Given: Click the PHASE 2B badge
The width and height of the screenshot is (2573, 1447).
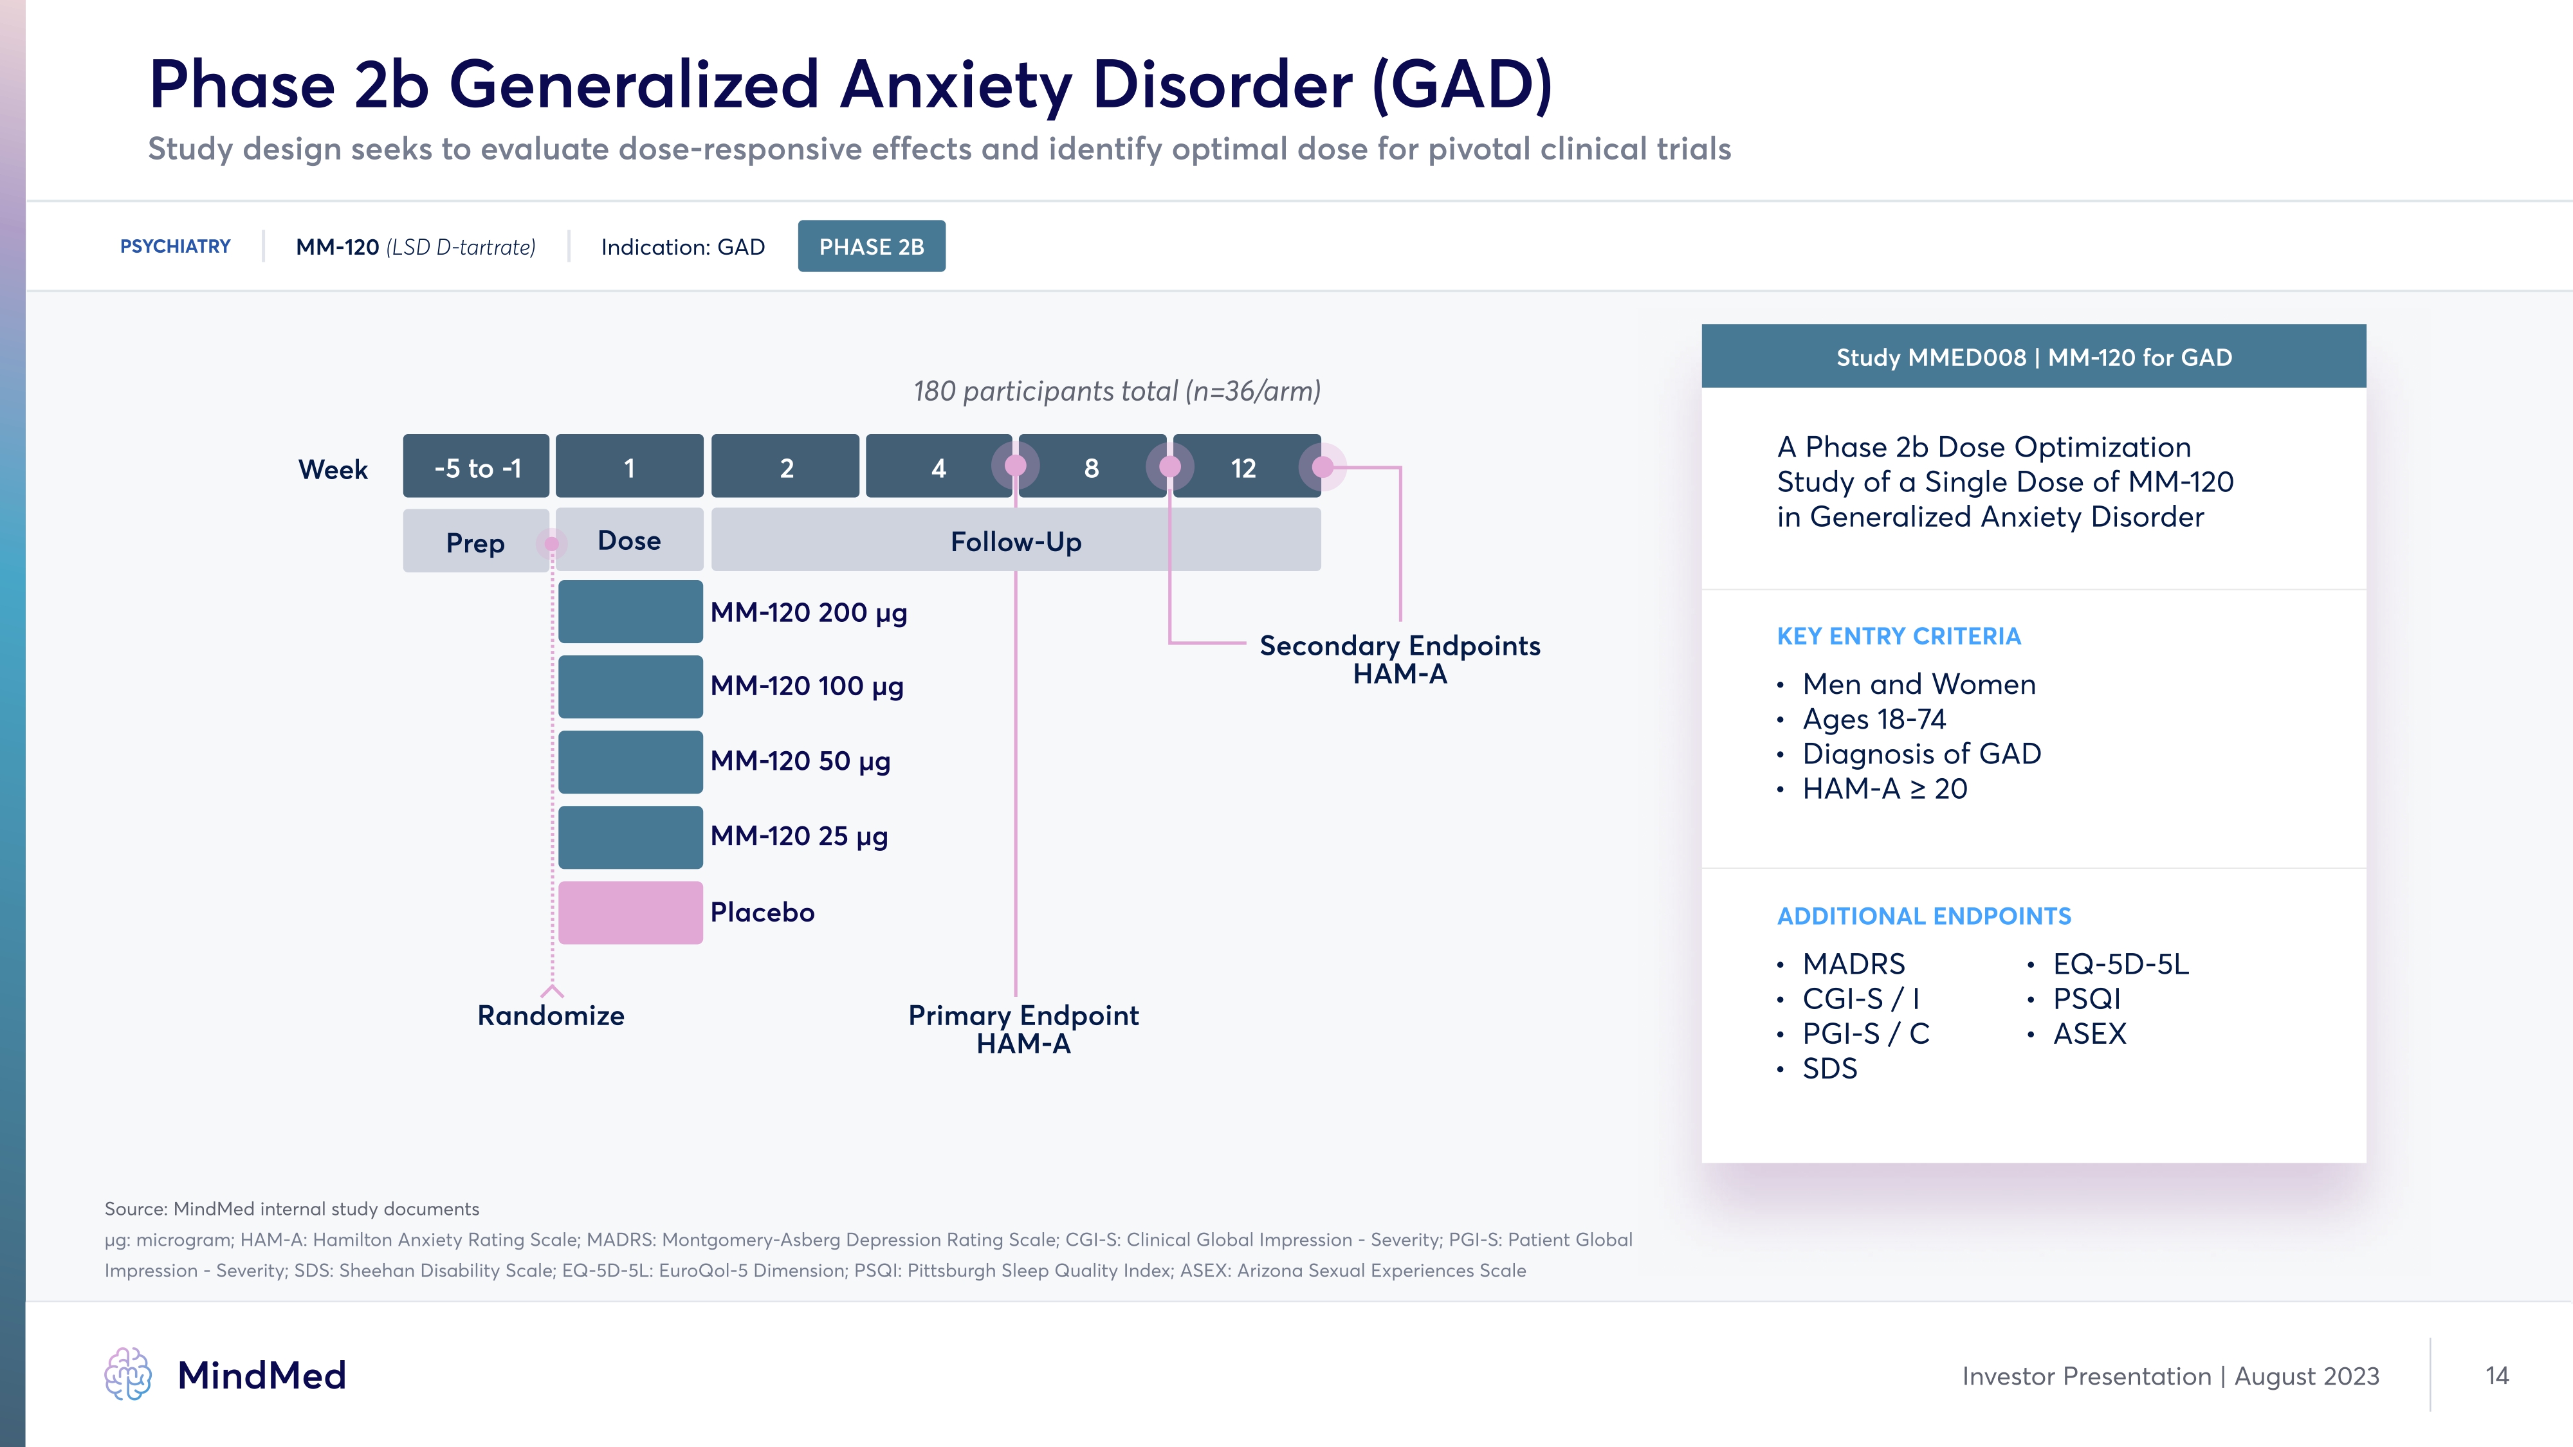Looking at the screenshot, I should point(871,247).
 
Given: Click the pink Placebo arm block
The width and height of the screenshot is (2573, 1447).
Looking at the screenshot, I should point(630,912).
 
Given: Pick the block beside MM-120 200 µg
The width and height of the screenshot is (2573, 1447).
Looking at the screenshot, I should point(630,611).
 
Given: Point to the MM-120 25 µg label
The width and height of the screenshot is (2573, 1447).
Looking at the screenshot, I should point(799,836).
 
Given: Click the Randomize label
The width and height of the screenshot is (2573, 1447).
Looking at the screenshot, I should point(551,1015).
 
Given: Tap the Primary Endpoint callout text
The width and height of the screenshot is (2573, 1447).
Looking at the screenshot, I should point(1023,1028).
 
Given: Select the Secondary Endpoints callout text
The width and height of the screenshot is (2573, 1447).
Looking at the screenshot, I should point(1399,659).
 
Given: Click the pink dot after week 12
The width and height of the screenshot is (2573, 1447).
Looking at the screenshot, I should point(1323,466).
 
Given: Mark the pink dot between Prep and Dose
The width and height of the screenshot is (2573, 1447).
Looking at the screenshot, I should point(551,543).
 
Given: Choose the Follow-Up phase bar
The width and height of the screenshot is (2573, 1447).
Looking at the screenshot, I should point(1016,541).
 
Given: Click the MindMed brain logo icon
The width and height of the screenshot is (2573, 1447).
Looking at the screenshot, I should point(128,1374).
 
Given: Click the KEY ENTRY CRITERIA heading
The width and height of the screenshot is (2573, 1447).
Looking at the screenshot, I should point(1898,636).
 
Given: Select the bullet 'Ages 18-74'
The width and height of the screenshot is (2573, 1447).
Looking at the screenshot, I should point(1874,719).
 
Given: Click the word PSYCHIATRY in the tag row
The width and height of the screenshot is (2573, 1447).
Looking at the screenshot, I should point(175,247).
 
